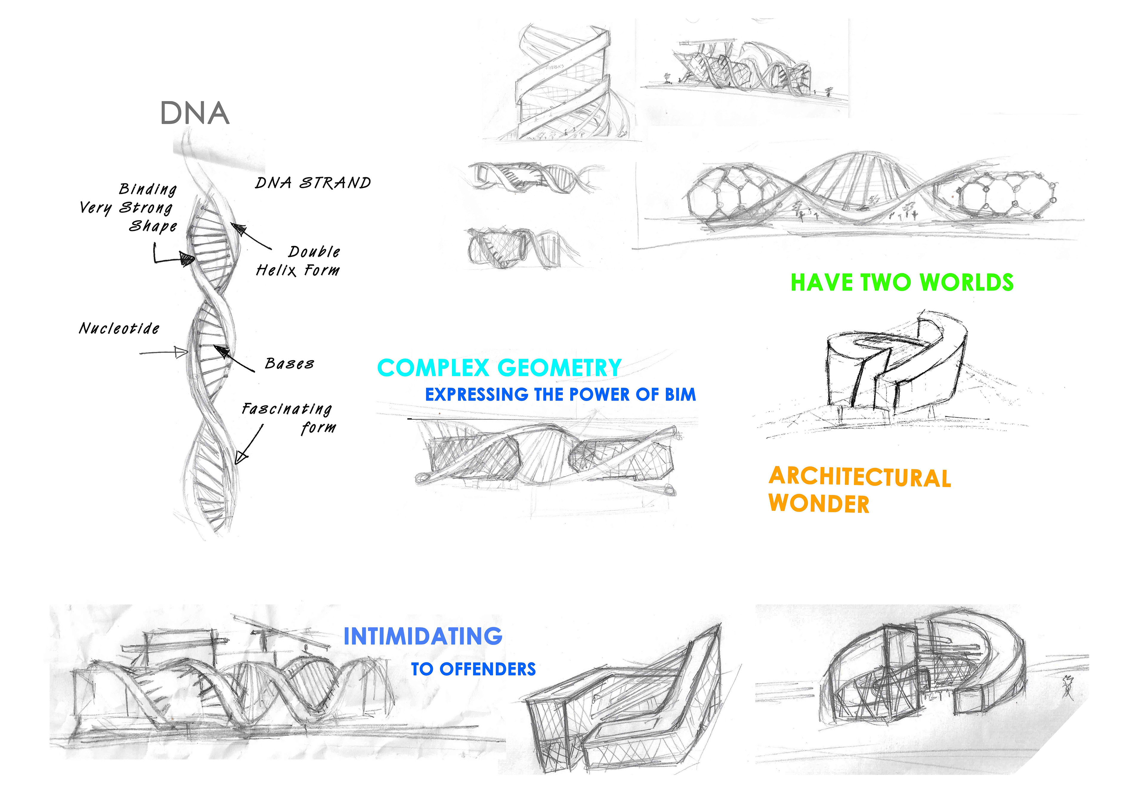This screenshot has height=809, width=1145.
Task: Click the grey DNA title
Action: pos(194,113)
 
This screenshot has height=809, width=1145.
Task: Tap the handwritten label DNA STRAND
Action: pos(313,183)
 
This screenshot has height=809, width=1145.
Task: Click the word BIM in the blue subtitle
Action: pos(680,395)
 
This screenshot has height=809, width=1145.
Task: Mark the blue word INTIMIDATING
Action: pos(423,636)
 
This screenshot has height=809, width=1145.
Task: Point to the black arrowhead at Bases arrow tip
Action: pos(222,352)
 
